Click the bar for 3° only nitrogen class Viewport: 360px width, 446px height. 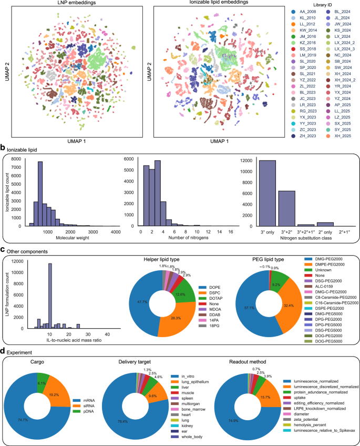(268, 194)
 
